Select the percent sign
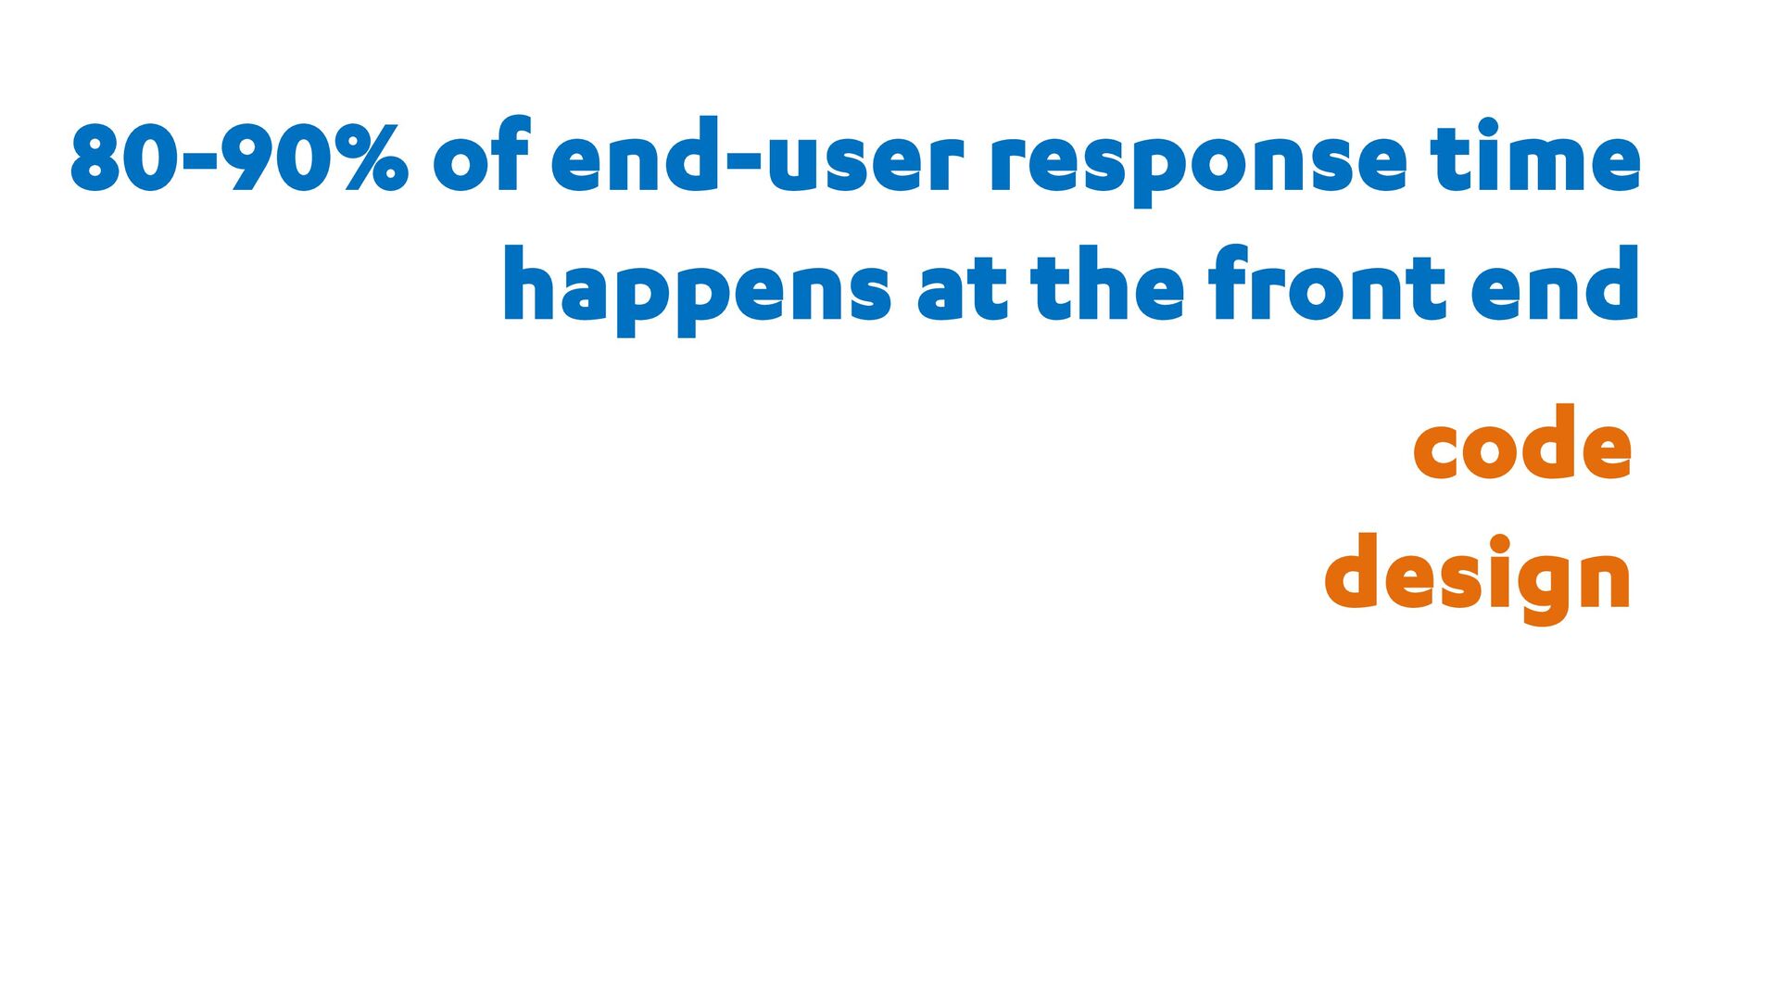(375, 158)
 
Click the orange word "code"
(1522, 441)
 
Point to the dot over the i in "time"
(1488, 126)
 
